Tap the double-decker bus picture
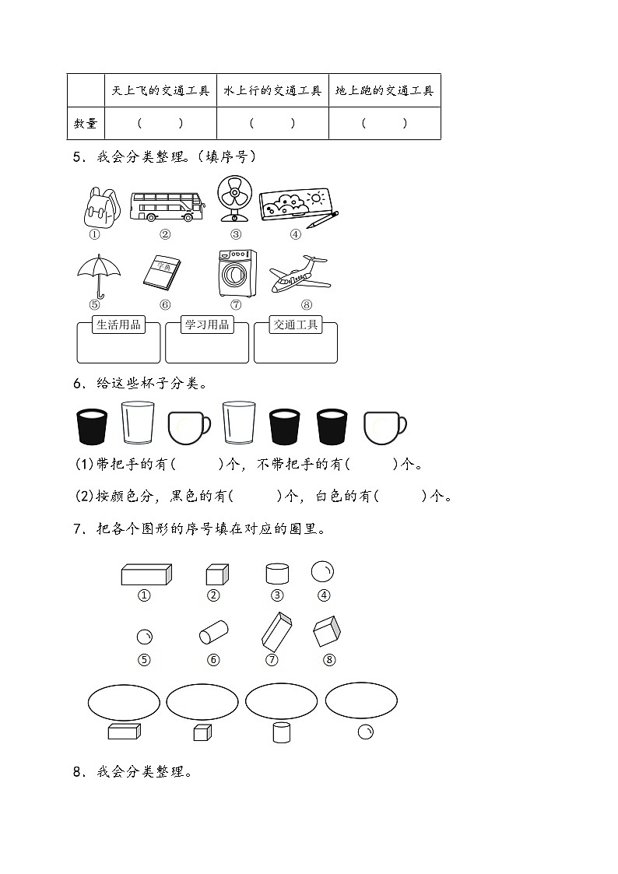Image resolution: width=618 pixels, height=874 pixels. click(167, 206)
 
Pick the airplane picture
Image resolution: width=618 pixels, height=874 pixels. click(298, 274)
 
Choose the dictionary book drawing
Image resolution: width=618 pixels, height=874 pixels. click(163, 272)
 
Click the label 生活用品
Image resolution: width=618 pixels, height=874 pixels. click(118, 325)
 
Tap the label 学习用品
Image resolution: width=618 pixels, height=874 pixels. click(207, 325)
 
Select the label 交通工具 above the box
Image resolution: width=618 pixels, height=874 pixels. click(296, 325)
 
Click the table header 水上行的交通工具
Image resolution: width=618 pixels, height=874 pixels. click(272, 91)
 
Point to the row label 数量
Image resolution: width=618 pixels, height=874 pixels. click(86, 123)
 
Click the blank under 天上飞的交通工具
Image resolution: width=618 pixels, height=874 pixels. click(160, 123)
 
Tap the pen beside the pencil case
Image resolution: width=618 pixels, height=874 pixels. click(321, 219)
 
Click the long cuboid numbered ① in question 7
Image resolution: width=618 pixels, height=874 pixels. click(146, 574)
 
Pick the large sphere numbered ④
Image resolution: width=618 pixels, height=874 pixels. click(322, 573)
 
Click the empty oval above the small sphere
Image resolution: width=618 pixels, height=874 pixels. click(361, 701)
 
